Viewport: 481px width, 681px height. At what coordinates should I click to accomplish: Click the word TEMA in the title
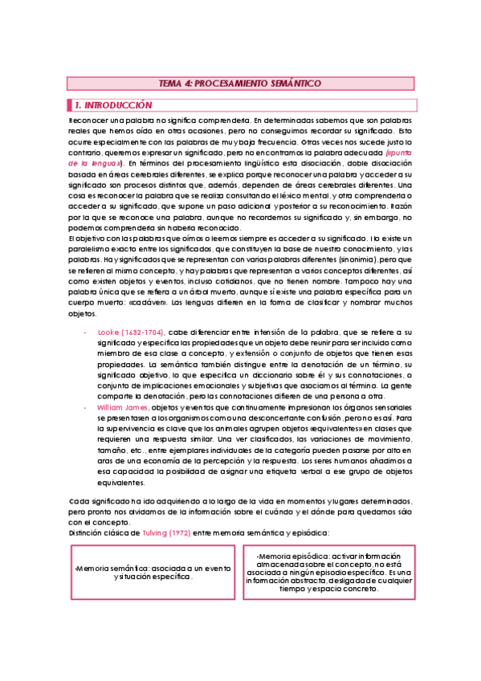coord(171,83)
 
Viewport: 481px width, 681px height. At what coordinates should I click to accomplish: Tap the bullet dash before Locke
coord(85,331)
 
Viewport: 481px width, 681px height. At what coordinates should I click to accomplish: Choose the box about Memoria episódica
coord(329,571)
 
